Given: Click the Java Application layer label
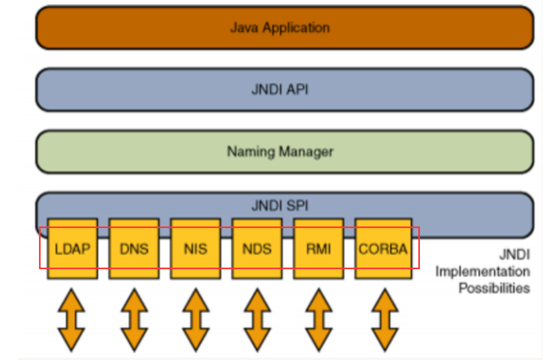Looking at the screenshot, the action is tap(280, 27).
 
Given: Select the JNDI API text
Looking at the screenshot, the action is tap(280, 90).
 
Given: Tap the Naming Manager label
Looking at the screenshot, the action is tap(280, 152).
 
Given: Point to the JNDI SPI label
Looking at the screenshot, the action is tap(280, 206).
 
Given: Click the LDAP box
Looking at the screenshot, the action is tap(73, 248).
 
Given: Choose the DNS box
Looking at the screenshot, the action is tap(134, 248).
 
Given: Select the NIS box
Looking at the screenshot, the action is tap(196, 248).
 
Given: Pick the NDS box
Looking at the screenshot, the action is tap(257, 248).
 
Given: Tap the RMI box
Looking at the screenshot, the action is tap(318, 248).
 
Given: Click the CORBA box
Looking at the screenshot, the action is tap(384, 248).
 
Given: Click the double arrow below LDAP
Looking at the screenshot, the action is tap(72, 319).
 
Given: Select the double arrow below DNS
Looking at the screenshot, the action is tap(135, 319).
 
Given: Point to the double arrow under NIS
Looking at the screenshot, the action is tap(196, 319).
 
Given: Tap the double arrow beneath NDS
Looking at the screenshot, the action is tap(258, 319).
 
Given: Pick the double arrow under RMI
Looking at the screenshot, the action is tap(318, 319).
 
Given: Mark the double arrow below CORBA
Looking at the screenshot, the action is tap(385, 319).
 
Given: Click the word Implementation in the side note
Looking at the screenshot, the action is tap(482, 271).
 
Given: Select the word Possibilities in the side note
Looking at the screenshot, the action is tap(494, 288).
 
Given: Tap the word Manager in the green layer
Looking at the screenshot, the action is tap(307, 152).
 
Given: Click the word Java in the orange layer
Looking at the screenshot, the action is tap(244, 27).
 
